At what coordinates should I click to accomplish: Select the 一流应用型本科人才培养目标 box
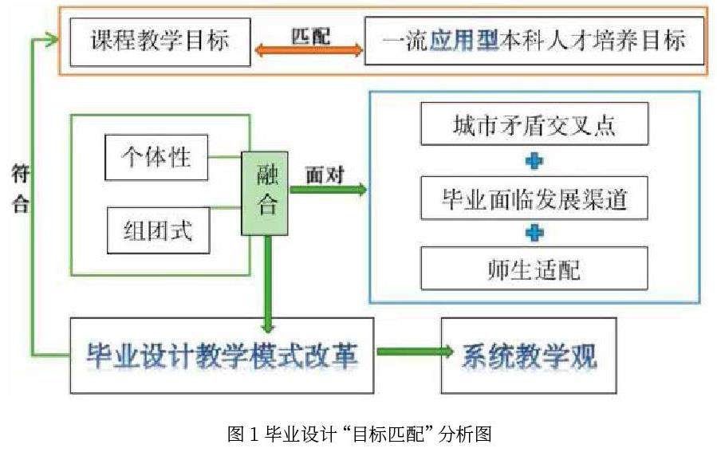click(x=534, y=40)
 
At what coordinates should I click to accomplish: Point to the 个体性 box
click(x=156, y=157)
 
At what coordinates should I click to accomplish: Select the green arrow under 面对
click(x=327, y=190)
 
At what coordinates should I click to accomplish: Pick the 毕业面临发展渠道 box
click(x=534, y=197)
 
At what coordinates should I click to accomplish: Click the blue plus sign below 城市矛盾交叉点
click(x=534, y=161)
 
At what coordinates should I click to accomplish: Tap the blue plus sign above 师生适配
click(x=534, y=233)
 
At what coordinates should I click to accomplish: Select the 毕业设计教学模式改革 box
click(x=222, y=356)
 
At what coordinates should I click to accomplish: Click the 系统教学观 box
click(x=529, y=356)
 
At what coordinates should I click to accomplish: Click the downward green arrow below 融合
click(x=269, y=283)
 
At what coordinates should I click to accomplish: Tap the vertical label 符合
click(x=22, y=189)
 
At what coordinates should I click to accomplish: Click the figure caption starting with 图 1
click(x=359, y=434)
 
